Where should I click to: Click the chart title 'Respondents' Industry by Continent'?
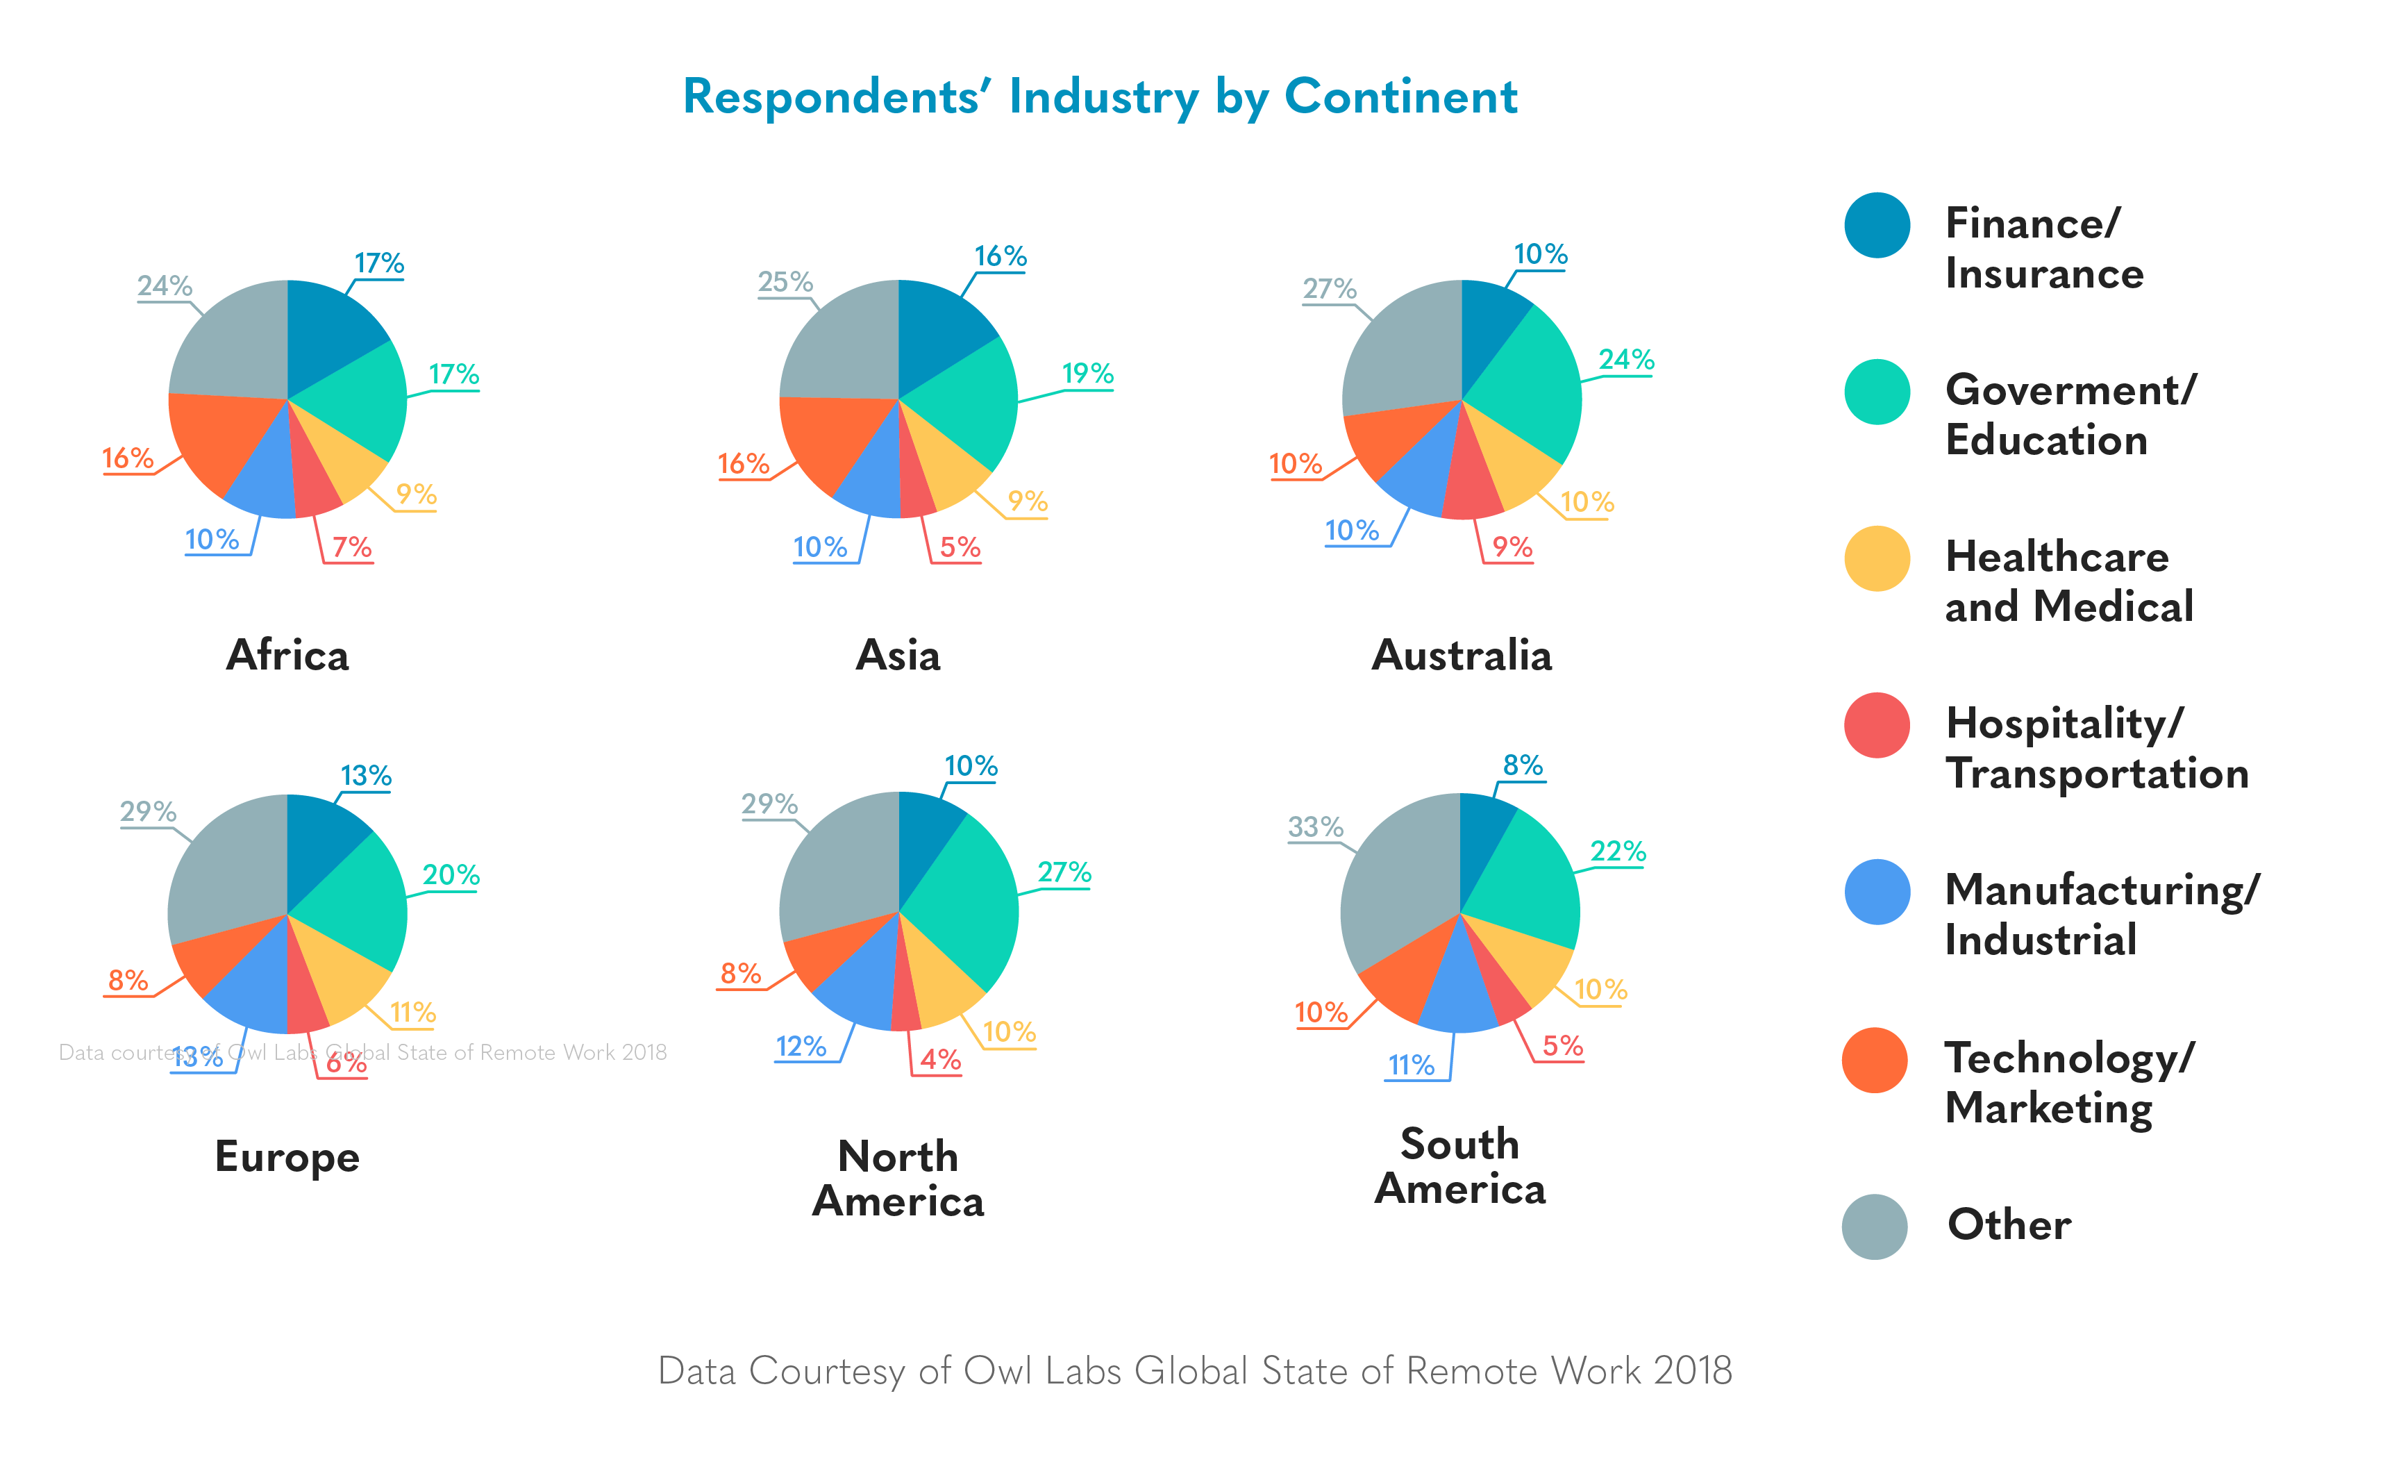(1099, 97)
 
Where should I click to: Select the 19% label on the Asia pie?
(1087, 373)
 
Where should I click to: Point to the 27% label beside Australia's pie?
(1329, 288)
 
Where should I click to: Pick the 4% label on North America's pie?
(941, 1058)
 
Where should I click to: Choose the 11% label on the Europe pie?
(412, 1012)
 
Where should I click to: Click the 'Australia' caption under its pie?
(1461, 655)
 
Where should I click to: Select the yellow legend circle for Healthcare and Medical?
(1876, 558)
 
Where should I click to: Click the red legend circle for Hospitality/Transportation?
(1876, 725)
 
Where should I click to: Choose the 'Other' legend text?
(2009, 1224)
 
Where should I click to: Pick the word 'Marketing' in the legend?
(2048, 1108)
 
